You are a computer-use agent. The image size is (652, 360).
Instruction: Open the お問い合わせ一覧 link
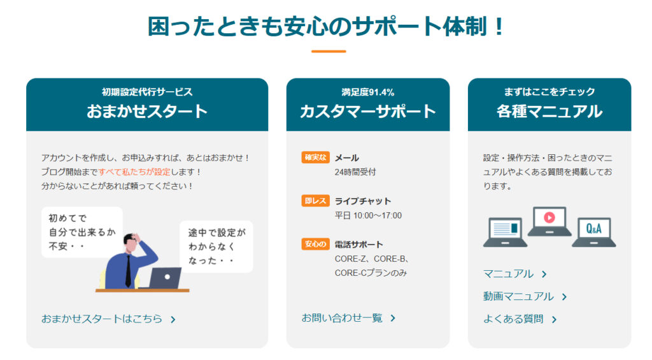(x=348, y=318)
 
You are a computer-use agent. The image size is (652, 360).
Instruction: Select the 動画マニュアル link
(x=525, y=296)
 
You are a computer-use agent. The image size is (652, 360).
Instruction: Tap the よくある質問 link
(x=520, y=319)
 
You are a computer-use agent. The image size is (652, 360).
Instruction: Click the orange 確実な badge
(x=316, y=157)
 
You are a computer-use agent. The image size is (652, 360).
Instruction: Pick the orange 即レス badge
(x=316, y=201)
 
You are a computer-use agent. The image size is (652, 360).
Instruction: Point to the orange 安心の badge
(x=316, y=244)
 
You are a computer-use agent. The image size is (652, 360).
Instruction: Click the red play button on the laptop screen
(x=549, y=217)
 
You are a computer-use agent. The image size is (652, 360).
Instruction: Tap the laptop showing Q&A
(x=594, y=232)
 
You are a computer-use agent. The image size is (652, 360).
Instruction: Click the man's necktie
(x=128, y=271)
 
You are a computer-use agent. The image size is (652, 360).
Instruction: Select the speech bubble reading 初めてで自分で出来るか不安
(x=82, y=232)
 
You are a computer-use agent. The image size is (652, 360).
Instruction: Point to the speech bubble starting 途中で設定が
(x=216, y=247)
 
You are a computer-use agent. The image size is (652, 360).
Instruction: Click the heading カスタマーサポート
(x=368, y=111)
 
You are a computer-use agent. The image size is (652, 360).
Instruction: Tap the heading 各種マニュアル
(x=549, y=111)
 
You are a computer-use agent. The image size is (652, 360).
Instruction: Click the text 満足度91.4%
(x=368, y=92)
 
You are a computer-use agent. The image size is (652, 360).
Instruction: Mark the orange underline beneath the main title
(x=329, y=51)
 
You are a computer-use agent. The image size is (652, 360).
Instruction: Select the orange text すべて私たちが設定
(x=134, y=171)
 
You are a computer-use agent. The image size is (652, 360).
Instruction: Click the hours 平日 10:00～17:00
(x=369, y=215)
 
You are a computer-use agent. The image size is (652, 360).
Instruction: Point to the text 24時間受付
(x=355, y=172)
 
